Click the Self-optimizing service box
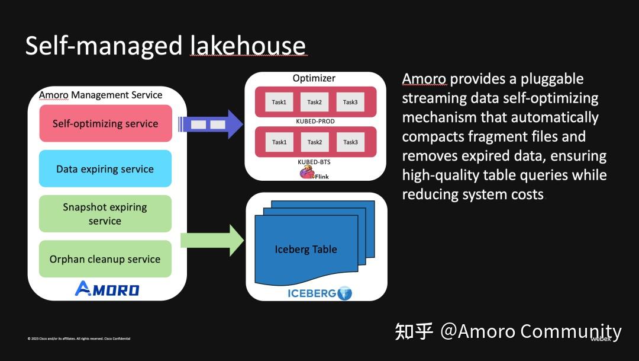tap(105, 124)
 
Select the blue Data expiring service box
tap(105, 169)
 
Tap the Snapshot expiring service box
tap(105, 214)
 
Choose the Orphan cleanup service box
tap(105, 259)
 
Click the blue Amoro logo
tap(107, 289)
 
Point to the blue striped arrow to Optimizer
tap(211, 124)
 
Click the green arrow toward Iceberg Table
tap(212, 240)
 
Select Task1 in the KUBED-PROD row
tap(279, 102)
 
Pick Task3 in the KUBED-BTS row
tap(350, 142)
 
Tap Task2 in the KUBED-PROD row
tap(314, 102)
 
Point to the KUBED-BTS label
tap(314, 161)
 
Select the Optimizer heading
tap(314, 78)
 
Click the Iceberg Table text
tap(306, 249)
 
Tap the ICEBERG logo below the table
tap(319, 293)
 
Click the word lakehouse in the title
tap(248, 46)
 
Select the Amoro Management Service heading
tap(101, 95)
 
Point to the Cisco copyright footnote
tap(79, 338)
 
